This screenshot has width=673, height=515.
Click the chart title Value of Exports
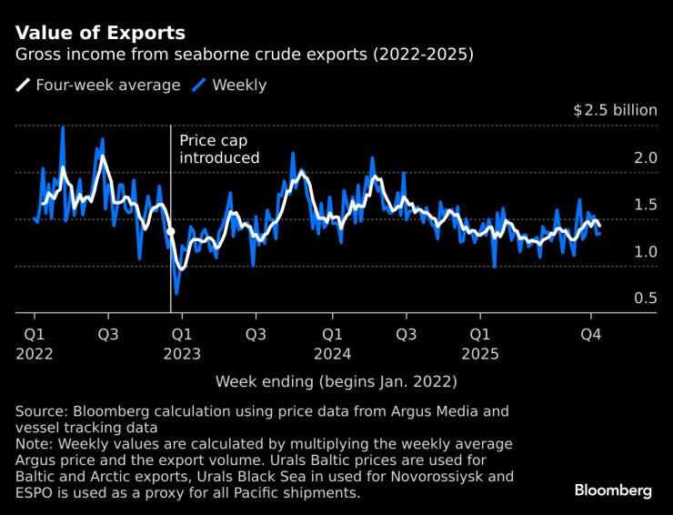coord(100,33)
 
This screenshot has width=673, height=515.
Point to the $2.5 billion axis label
coord(615,110)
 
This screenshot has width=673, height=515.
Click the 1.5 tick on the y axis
coord(646,205)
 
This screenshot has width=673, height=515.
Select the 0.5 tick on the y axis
coord(646,298)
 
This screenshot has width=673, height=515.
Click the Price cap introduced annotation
coord(219,149)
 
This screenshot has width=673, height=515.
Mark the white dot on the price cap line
coord(171,233)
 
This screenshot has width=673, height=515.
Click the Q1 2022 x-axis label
coord(33,343)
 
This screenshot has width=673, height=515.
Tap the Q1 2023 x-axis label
coord(182,343)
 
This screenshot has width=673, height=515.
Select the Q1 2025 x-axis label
coord(481,343)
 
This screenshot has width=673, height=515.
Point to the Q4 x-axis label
coord(591,334)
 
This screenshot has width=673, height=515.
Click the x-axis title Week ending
coord(336,381)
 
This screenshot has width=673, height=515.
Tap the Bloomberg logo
coord(612,490)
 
